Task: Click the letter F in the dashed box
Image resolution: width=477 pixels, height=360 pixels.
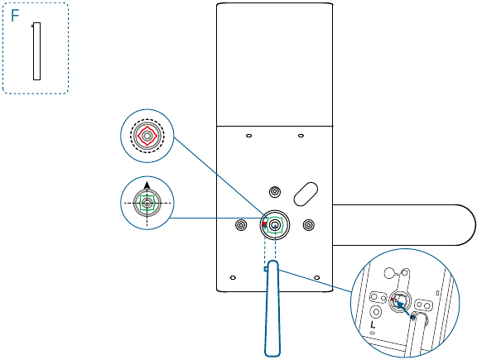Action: [x=15, y=16]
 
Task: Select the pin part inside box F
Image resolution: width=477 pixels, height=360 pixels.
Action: [x=36, y=51]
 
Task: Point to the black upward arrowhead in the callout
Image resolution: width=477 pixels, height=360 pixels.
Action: [x=147, y=185]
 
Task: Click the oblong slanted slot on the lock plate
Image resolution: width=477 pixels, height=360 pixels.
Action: [x=306, y=194]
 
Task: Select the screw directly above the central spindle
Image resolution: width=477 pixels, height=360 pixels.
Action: [x=275, y=192]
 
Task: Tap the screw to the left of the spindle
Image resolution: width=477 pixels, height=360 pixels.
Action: [x=241, y=225]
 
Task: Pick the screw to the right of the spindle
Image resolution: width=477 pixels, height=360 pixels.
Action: [x=309, y=225]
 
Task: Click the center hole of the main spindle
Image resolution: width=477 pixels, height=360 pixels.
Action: [x=275, y=225]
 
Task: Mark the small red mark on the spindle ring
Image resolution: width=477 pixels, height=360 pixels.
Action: [x=264, y=224]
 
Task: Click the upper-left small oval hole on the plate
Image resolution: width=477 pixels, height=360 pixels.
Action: [x=248, y=136]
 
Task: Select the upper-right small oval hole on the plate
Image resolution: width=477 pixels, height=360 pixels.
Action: [x=301, y=136]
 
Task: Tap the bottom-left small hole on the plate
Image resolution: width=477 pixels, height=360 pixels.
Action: [x=233, y=277]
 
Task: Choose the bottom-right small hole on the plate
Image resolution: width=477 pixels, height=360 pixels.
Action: [x=316, y=277]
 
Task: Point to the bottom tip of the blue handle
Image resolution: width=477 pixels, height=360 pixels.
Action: [x=272, y=356]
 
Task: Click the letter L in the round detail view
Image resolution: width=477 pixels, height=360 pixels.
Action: [x=373, y=324]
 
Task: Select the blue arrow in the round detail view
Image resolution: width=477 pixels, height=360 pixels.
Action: [x=405, y=310]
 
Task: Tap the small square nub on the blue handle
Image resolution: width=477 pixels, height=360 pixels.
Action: [x=266, y=269]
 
